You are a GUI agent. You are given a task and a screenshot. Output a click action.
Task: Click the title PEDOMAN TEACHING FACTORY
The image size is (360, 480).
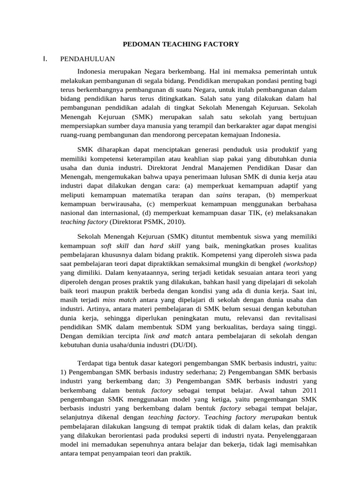pyautogui.click(x=180, y=44)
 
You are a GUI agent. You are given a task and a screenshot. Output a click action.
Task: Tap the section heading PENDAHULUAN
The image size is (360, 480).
pyautogui.click(x=88, y=60)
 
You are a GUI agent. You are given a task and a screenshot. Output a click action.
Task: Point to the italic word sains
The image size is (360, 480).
pyautogui.click(x=225, y=195)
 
